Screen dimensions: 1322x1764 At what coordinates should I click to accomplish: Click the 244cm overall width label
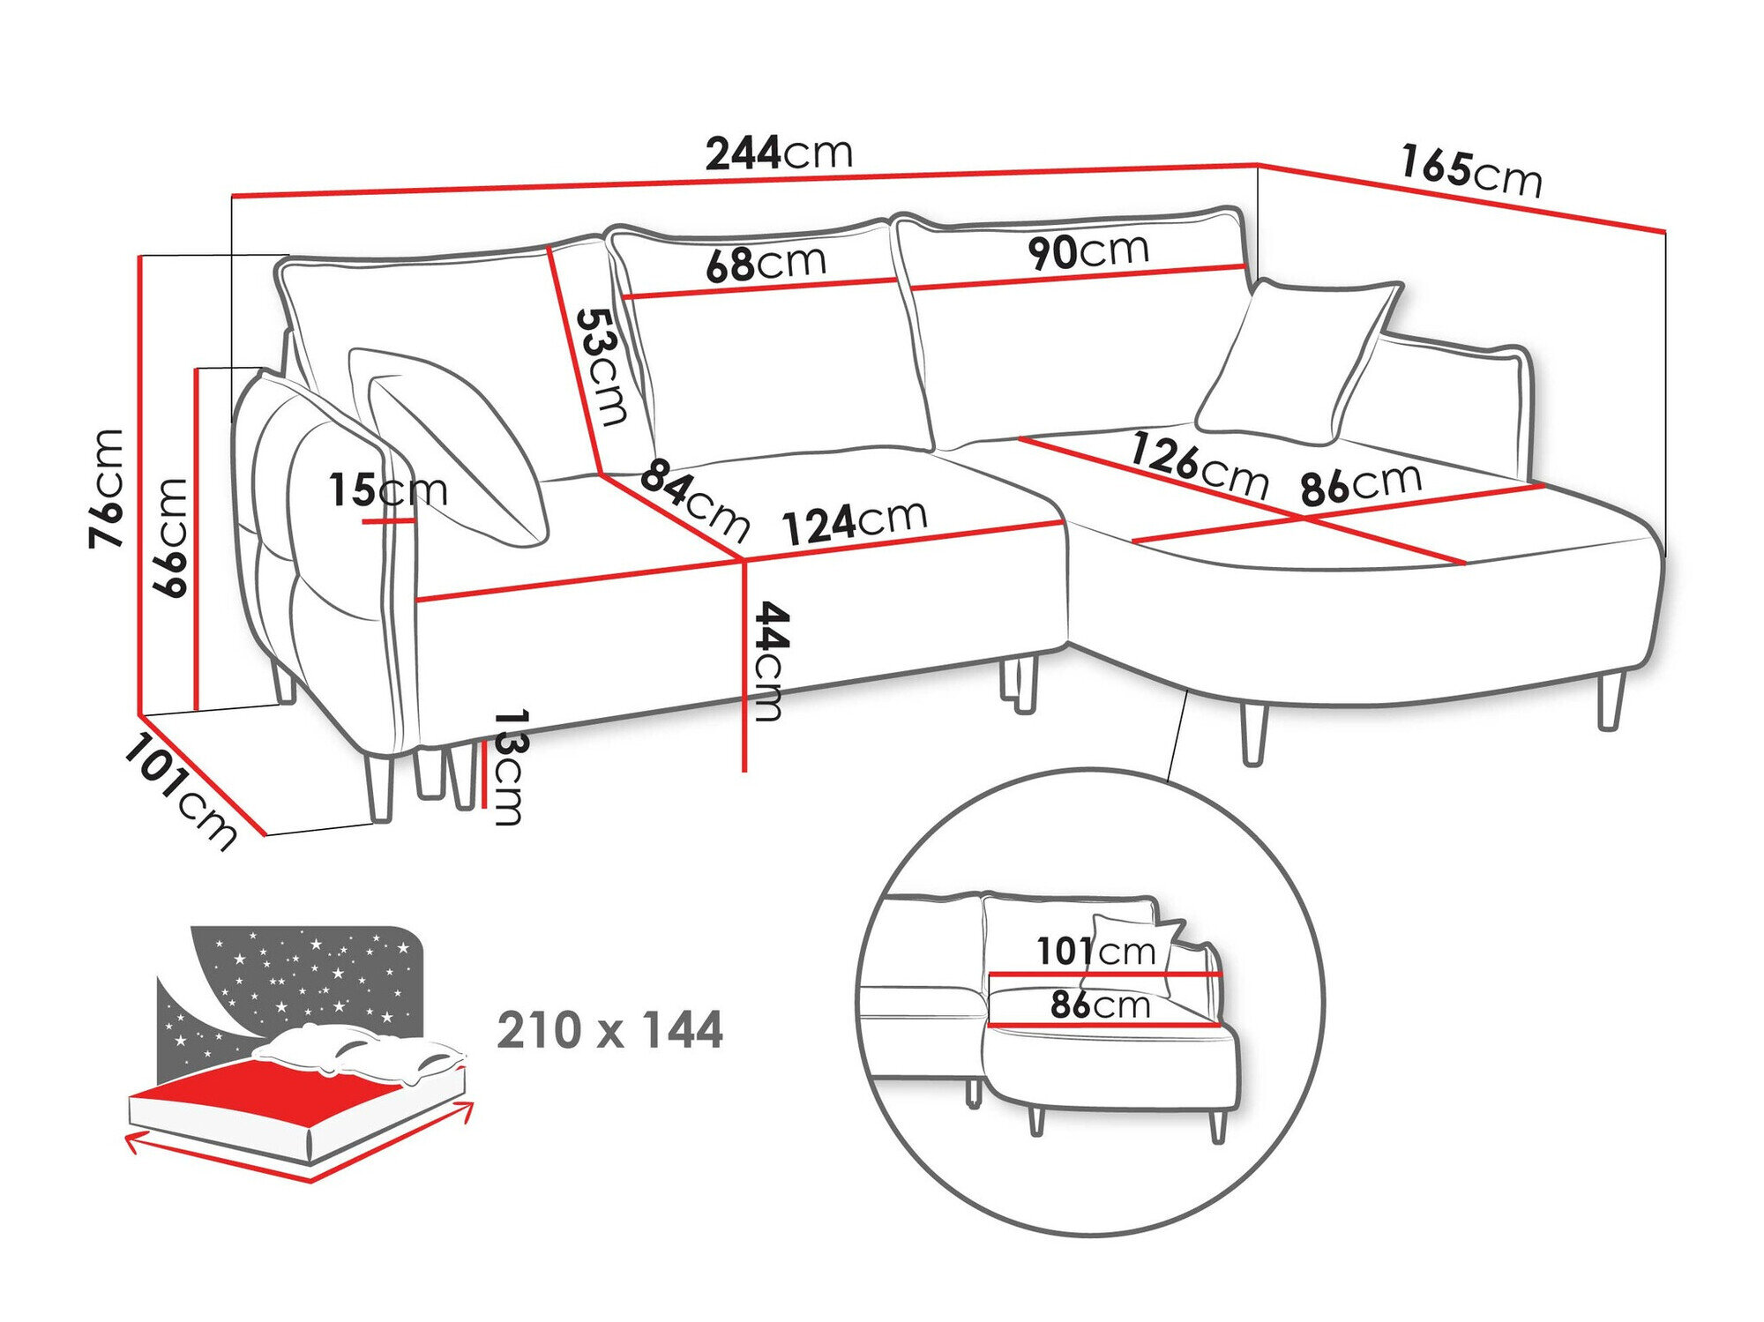[779, 153]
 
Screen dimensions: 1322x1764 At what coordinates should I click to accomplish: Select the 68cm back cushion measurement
[766, 263]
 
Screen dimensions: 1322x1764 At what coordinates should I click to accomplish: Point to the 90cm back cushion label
[1088, 251]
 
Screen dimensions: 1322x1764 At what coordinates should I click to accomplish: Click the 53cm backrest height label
[603, 366]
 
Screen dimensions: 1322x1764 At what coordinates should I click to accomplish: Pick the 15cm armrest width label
[388, 489]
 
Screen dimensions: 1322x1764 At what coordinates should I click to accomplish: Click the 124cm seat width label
[855, 522]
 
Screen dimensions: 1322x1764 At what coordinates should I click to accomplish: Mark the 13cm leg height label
[509, 766]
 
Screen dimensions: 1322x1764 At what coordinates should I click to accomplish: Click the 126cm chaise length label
[1200, 466]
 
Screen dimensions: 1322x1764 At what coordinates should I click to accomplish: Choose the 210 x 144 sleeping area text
[609, 1030]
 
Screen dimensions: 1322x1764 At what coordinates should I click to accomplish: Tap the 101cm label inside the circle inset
[1095, 952]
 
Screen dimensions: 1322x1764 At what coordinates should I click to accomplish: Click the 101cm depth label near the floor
[181, 792]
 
